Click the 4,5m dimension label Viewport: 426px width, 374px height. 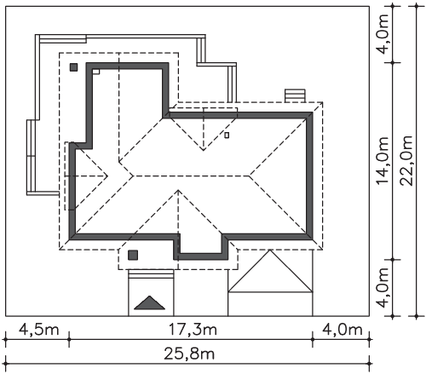pos(39,330)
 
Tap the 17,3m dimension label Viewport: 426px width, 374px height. pos(193,330)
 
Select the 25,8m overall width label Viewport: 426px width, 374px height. pos(189,354)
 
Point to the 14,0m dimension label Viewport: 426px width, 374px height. pos(383,160)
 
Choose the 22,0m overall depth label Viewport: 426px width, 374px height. pos(406,161)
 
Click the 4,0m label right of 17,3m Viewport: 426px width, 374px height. pos(343,330)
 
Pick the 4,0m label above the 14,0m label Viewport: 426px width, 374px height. pos(383,34)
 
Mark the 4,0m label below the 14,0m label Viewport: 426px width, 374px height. pos(383,288)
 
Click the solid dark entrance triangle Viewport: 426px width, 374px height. pos(149,302)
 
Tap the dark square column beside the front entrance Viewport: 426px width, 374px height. pos(133,255)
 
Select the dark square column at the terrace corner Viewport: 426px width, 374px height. pos(73,67)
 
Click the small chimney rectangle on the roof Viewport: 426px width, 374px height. pos(227,135)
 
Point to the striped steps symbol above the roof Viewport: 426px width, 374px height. pos(296,95)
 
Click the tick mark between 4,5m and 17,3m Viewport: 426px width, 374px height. pos(69,339)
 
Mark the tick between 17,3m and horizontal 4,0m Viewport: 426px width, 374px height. pos(313,339)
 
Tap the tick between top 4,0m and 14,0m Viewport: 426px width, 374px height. pos(393,62)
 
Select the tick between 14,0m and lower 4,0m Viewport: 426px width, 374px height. pos(393,260)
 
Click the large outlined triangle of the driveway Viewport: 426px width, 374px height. pos(270,271)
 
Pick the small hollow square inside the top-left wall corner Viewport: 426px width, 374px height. pos(96,72)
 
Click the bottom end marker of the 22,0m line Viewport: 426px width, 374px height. pos(416,316)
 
